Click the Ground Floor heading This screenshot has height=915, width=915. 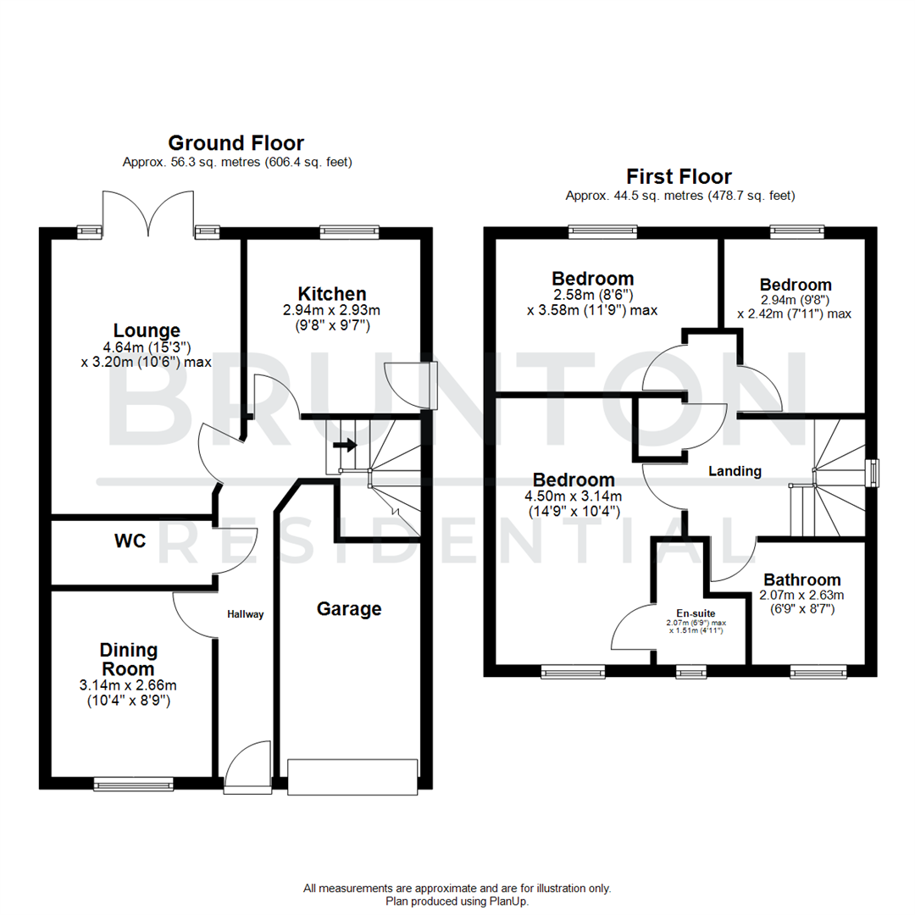pos(236,142)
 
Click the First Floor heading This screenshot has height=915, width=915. pos(679,176)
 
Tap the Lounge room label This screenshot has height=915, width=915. pos(147,330)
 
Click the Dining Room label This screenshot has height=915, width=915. pos(129,658)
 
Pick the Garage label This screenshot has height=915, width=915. pos(349,608)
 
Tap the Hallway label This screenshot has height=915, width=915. pos(245,614)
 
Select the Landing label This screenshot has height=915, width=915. pos(735,471)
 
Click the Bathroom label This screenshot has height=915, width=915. pos(801,580)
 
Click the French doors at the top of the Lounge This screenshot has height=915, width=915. pos(148,213)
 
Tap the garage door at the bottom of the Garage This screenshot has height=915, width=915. pos(352,777)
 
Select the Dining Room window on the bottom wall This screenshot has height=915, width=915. pos(133,785)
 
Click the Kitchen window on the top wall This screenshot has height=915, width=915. pos(349,230)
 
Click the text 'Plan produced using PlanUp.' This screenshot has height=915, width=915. pos(457,901)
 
